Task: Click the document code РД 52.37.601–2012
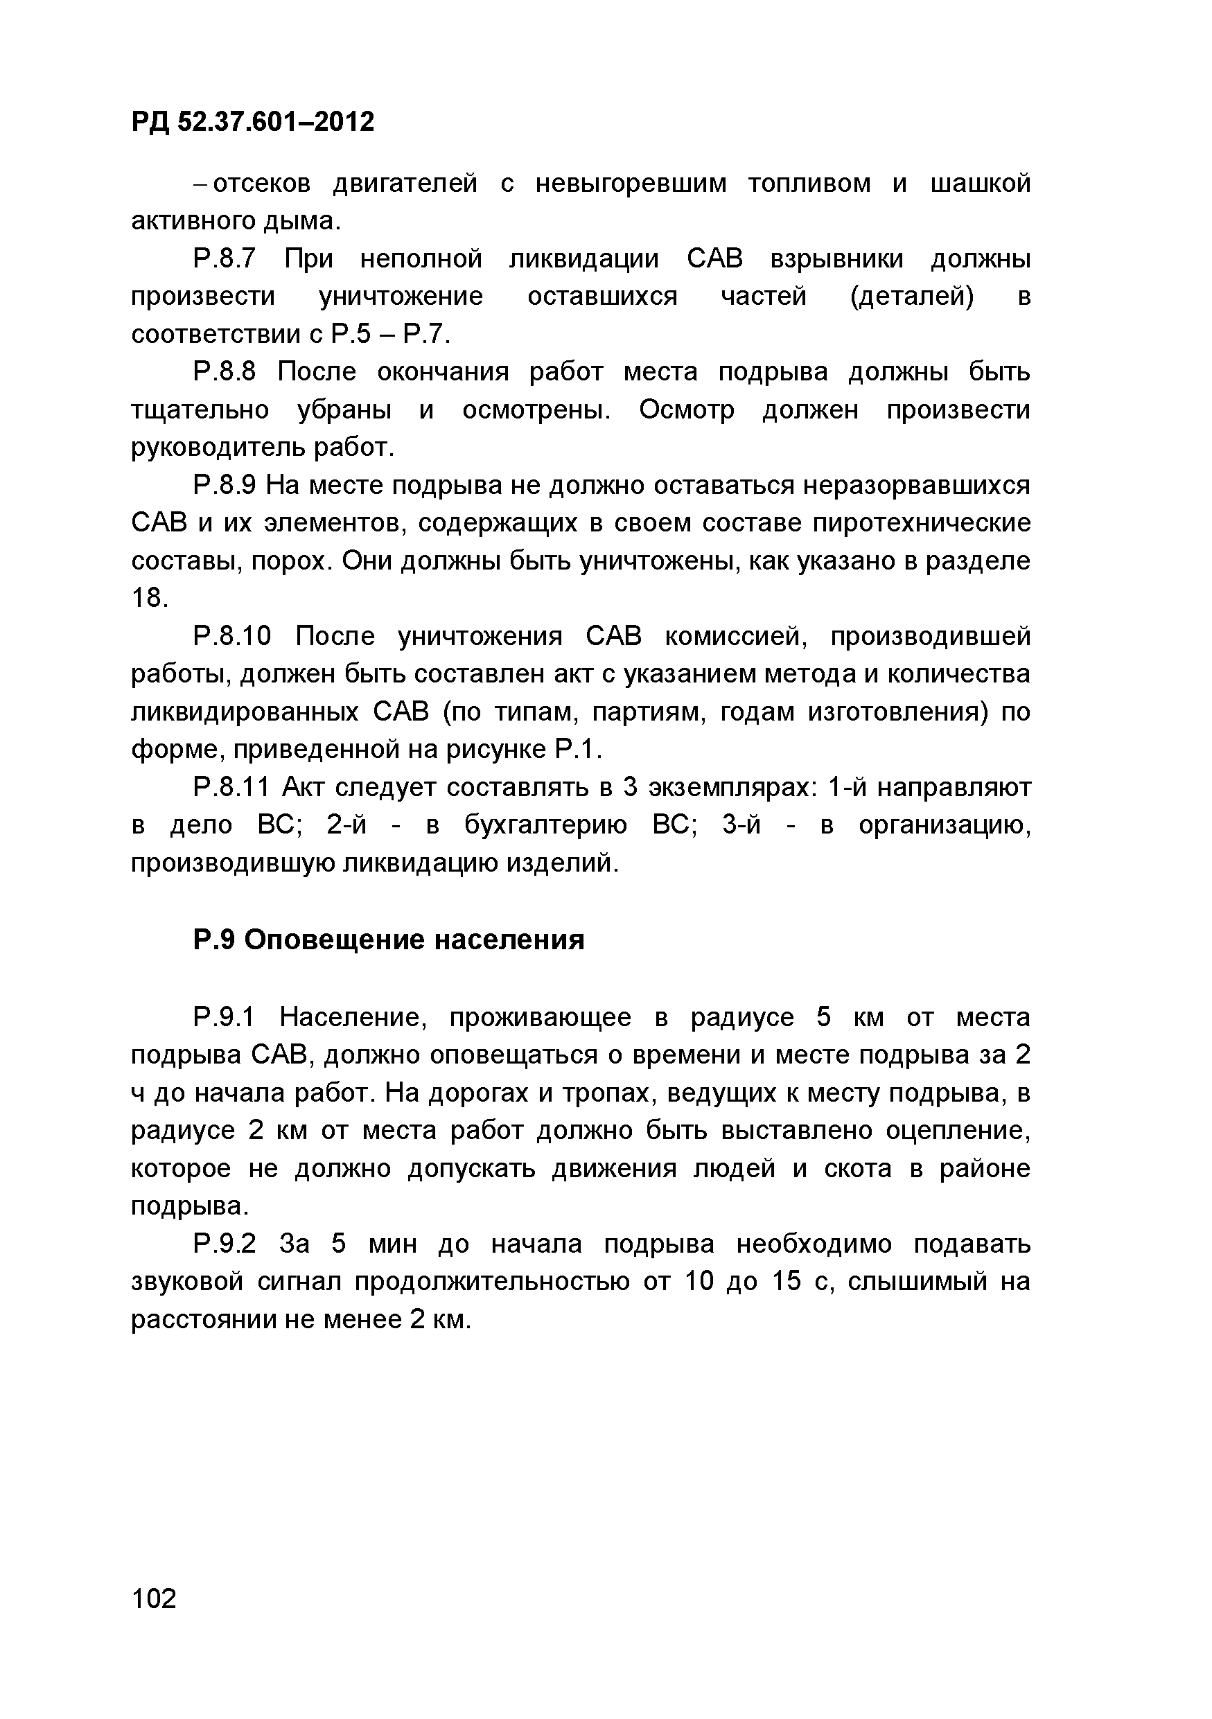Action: (x=252, y=121)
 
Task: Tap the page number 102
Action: (x=155, y=1599)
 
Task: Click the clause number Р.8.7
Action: (x=225, y=259)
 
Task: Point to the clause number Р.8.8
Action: (x=225, y=372)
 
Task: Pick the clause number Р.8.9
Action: (x=225, y=486)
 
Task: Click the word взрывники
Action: (x=836, y=259)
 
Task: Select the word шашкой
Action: (x=980, y=184)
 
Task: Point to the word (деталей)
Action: (x=913, y=297)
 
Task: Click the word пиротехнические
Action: (x=922, y=523)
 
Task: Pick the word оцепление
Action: (x=958, y=1131)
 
